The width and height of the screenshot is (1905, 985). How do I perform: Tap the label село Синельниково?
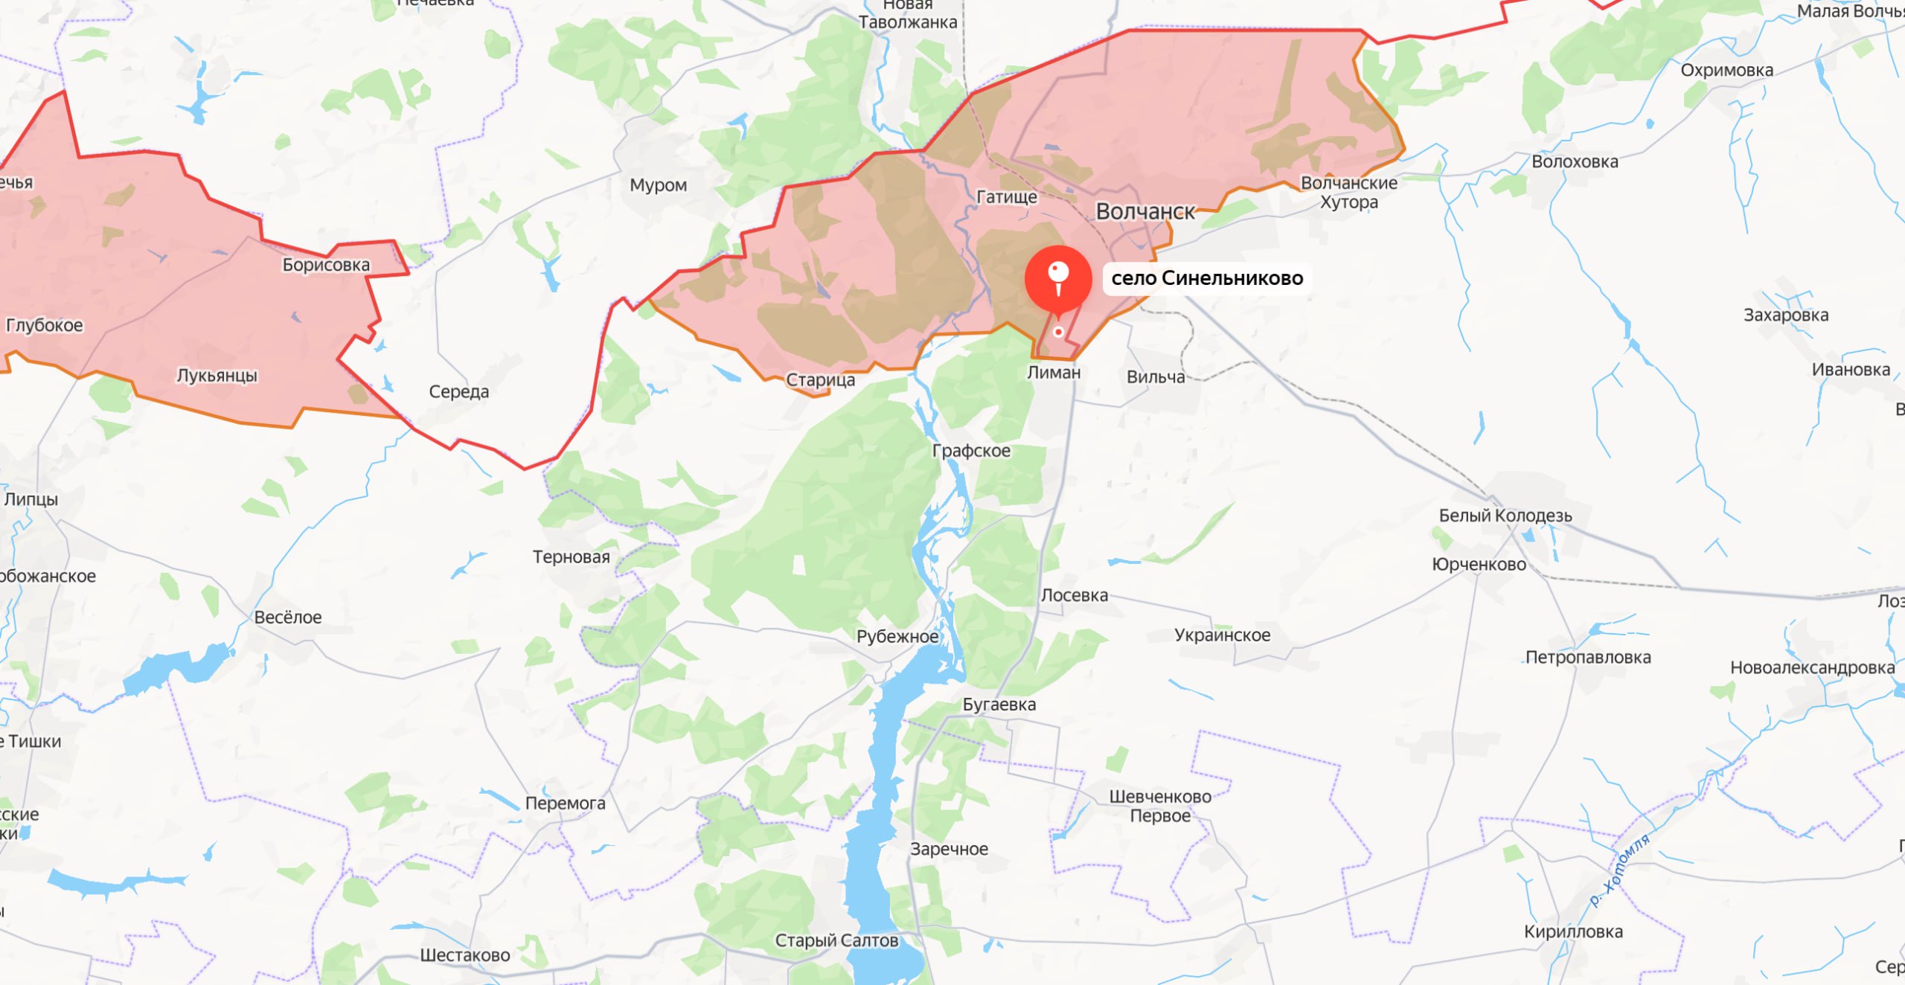[x=1207, y=278]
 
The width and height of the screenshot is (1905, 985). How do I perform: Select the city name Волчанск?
[x=1145, y=212]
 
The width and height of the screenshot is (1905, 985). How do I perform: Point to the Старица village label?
[x=820, y=380]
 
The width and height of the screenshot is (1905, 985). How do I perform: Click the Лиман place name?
[x=1054, y=373]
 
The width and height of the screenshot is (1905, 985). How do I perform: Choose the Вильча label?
[x=1156, y=377]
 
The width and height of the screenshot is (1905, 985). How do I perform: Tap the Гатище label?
[x=1007, y=197]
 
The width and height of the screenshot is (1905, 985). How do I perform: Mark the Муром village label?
[x=658, y=185]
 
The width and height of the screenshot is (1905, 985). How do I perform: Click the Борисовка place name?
[x=326, y=265]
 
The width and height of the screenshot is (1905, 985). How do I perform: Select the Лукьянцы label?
[x=217, y=376]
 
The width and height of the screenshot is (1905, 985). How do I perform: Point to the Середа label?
[x=458, y=392]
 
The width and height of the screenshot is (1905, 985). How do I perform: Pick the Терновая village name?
[x=571, y=557]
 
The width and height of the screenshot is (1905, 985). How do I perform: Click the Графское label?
[x=971, y=451]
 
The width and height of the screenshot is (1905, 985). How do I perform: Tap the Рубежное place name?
[x=897, y=637]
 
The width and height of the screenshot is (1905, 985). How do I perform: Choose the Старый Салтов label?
[x=836, y=941]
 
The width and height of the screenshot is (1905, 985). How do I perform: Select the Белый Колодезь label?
[x=1505, y=516]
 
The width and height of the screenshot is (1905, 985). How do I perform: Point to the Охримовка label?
[x=1726, y=71]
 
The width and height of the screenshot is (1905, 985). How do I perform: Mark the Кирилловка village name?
[x=1573, y=931]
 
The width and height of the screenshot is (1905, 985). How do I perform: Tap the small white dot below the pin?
[x=1058, y=333]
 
